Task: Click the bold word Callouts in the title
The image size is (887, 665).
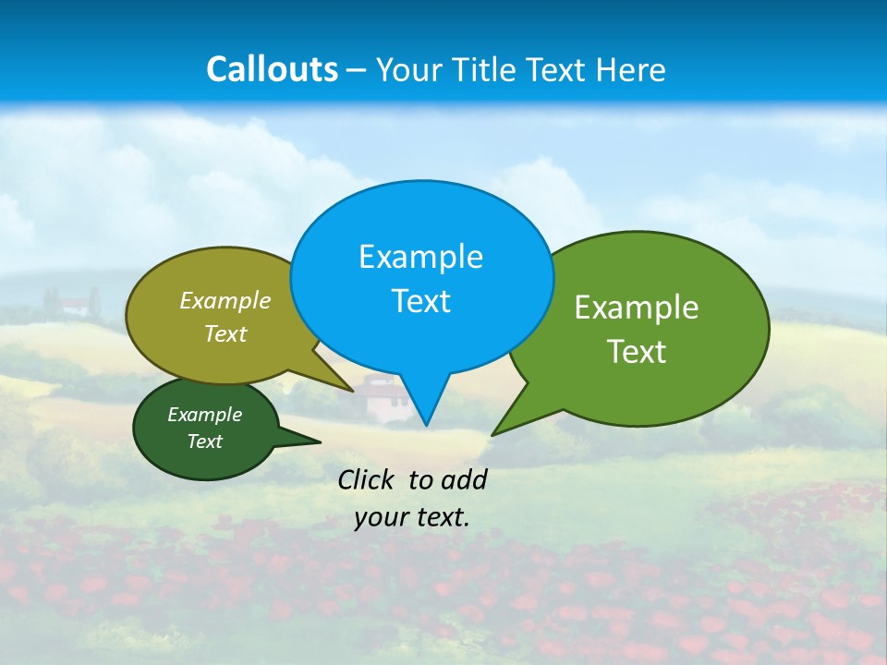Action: [x=272, y=69]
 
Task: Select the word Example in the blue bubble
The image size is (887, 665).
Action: [x=420, y=257]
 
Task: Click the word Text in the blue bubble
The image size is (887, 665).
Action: [x=420, y=301]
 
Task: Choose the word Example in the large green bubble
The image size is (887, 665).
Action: [x=637, y=308]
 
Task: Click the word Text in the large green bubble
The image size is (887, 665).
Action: [x=637, y=352]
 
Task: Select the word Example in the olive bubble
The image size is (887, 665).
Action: [x=225, y=300]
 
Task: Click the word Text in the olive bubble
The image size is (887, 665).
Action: [x=225, y=333]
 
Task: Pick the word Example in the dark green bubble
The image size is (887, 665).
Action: [x=204, y=415]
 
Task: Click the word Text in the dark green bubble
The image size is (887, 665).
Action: [x=204, y=441]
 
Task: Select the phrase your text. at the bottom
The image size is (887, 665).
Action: [x=412, y=517]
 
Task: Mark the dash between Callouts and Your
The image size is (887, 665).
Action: [x=358, y=69]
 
